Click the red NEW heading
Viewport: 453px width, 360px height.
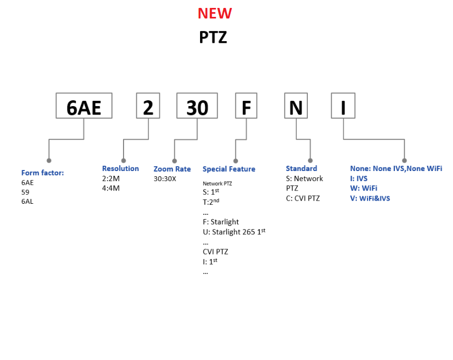[214, 13]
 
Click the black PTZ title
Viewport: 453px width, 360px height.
[213, 37]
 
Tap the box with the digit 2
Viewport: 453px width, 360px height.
[148, 106]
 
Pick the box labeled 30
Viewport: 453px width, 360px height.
[197, 106]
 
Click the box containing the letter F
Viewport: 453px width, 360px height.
[247, 106]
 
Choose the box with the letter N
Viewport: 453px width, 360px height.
[296, 106]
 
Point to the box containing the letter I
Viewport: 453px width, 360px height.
[343, 106]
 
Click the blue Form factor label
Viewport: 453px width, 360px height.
[42, 173]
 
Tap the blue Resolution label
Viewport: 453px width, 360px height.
[120, 168]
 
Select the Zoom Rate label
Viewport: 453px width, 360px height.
[172, 169]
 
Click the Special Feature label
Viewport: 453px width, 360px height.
[229, 169]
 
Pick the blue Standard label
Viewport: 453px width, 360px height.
[301, 168]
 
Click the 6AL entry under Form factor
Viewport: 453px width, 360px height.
[29, 201]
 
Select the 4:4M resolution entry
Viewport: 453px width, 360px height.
[111, 188]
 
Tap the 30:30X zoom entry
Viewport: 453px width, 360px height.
[165, 178]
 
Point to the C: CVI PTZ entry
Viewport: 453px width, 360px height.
[303, 198]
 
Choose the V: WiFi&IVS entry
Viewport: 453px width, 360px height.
[370, 198]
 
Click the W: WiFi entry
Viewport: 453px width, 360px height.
[364, 188]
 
